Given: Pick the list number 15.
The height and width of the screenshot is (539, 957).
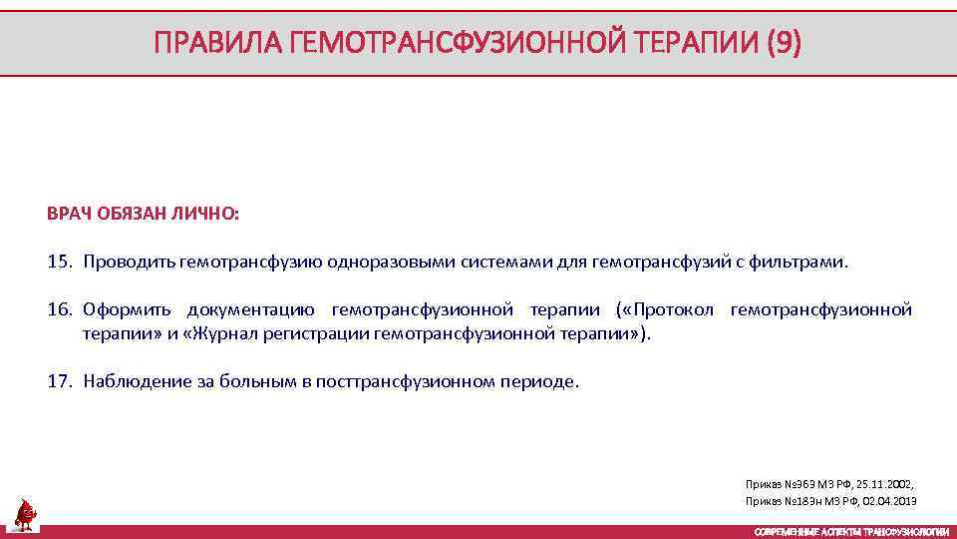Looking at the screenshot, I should (60, 263).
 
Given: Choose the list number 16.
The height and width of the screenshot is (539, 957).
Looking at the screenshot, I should (60, 310).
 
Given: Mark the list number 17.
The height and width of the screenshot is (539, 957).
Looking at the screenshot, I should (60, 381).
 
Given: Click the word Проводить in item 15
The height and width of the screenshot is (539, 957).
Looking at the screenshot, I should (130, 263).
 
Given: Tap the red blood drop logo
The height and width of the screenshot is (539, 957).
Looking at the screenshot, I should (25, 515).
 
